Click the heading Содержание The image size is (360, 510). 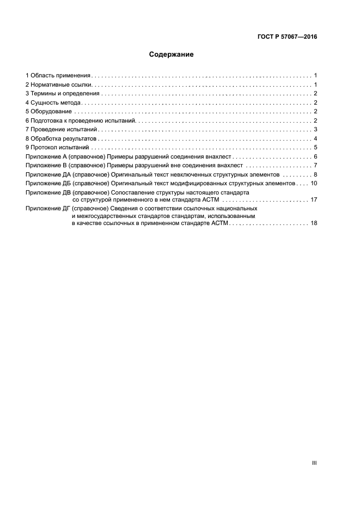click(172, 54)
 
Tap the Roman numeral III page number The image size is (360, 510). click(314, 463)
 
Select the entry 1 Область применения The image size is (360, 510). click(58, 75)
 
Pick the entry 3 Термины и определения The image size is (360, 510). click(63, 94)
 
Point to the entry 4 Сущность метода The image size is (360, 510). click(53, 102)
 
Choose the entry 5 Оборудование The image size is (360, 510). click(49, 112)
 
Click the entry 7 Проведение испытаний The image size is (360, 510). click(61, 129)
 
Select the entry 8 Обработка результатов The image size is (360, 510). click(61, 138)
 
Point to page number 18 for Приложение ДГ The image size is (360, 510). click(314, 223)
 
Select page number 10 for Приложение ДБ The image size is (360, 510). click(314, 184)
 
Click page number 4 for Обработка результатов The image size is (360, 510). click(315, 138)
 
